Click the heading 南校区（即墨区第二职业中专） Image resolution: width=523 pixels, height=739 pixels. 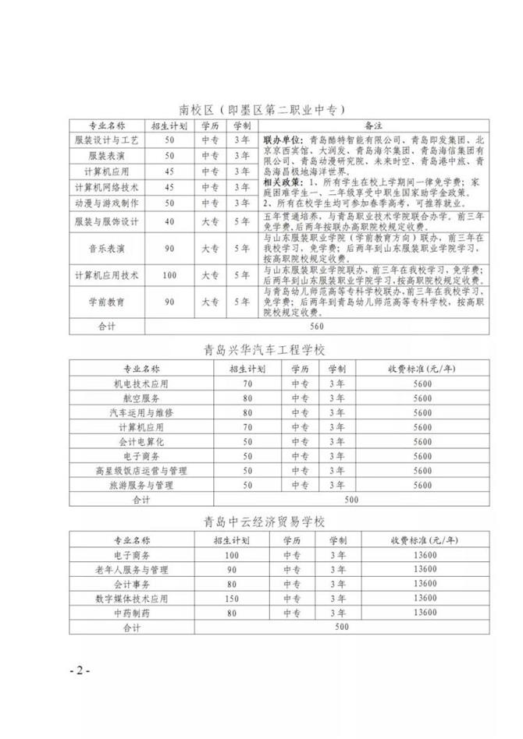[261, 109]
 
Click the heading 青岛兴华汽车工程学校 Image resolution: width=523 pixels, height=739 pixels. [261, 350]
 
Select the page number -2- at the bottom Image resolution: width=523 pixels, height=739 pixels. [80, 670]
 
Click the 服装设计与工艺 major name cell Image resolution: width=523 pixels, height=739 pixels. [106, 139]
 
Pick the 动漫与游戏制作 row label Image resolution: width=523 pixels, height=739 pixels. [106, 203]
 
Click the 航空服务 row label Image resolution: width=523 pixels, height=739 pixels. [138, 397]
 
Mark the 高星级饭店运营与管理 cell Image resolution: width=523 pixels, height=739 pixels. [138, 470]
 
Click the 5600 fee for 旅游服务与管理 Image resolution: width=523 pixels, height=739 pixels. [422, 485]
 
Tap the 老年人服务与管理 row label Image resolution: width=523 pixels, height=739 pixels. [138, 569]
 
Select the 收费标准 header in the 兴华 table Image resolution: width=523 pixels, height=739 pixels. [422, 368]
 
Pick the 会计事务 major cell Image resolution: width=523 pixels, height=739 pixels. [138, 584]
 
